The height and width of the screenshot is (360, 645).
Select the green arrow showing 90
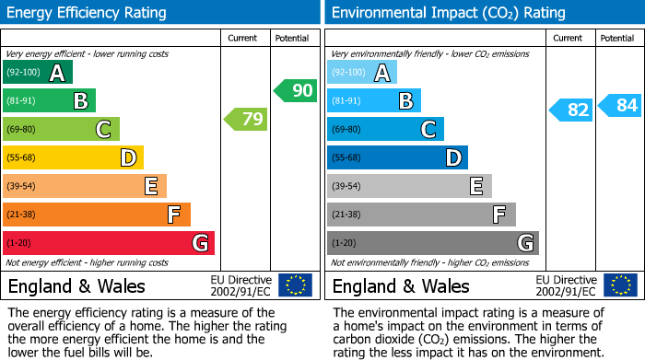tap(295, 91)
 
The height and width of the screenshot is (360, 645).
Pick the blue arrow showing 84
tap(620, 106)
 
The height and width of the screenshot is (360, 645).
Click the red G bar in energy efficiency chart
tap(109, 243)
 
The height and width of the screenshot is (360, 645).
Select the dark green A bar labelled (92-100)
tap(38, 73)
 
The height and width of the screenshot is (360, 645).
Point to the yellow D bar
tap(73, 158)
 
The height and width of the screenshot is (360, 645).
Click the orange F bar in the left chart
tap(97, 215)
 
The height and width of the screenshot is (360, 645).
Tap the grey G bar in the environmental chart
tap(432, 243)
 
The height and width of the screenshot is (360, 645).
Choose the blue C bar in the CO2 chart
tap(385, 130)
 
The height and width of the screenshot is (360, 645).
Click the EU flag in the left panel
tap(295, 285)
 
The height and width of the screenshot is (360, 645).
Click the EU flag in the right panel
tap(619, 285)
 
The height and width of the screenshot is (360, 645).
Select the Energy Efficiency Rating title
tap(88, 13)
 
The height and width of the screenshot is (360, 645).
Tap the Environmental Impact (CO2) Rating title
tap(448, 13)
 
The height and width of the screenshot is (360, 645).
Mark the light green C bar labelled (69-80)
tap(61, 130)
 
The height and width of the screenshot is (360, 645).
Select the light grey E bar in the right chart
tap(409, 186)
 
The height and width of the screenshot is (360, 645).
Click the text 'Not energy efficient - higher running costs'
tap(88, 262)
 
